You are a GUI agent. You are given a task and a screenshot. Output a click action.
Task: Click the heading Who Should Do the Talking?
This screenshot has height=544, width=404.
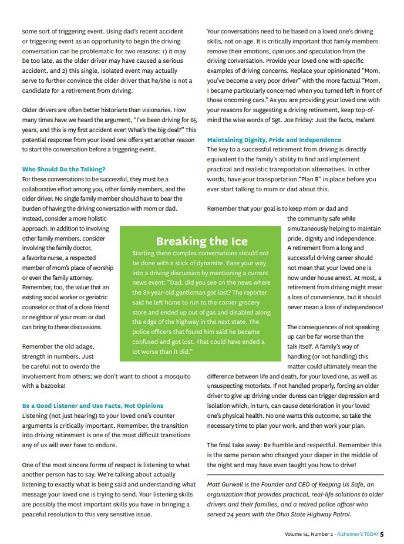point(64,170)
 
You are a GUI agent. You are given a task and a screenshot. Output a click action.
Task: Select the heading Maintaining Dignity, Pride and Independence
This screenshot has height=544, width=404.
point(274,140)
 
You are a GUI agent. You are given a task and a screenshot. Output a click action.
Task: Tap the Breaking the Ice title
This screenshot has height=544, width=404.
point(201,241)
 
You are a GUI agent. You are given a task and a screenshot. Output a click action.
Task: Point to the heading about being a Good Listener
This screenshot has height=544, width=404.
point(93,406)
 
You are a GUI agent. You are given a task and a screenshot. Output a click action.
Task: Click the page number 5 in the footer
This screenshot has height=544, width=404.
point(382,534)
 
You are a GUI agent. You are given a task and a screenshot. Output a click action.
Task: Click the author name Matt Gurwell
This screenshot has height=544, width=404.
point(228,484)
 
